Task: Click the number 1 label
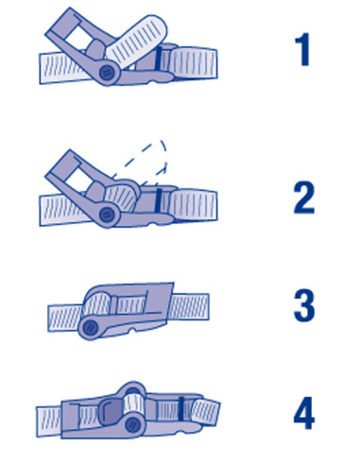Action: coord(303,50)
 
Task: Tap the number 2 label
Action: coord(304,198)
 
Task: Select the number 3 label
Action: coord(304,305)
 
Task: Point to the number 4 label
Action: coord(304,413)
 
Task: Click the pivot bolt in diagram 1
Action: coord(106,73)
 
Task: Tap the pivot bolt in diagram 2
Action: coord(106,215)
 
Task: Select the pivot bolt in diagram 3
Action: coord(91,328)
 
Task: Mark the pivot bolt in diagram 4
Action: coord(132,425)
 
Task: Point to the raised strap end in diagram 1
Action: coord(137,40)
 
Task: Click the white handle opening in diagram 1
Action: coord(78,36)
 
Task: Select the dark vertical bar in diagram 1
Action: coord(158,59)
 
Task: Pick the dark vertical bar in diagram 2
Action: coord(158,200)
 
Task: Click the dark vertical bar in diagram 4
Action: coord(180,408)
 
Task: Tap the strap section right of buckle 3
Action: coord(189,306)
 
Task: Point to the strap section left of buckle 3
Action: coord(65,318)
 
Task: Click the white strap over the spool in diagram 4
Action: coord(133,404)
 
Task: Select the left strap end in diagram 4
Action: coord(49,422)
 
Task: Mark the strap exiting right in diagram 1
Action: coord(194,62)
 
